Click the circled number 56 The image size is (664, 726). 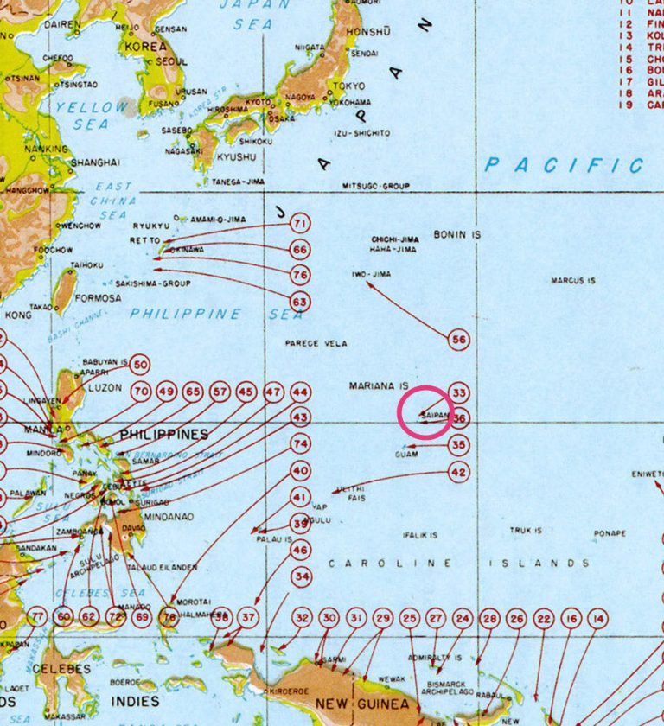459,341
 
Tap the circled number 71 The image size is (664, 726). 300,224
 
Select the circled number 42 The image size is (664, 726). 459,473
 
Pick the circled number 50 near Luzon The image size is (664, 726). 140,365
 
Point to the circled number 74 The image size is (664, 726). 300,444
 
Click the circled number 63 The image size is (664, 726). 300,302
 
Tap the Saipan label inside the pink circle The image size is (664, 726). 434,416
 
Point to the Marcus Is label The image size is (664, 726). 573,281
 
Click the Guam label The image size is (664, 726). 406,455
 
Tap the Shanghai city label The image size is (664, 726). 95,162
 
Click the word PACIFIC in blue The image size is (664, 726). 564,165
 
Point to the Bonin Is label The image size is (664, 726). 457,234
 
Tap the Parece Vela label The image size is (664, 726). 316,344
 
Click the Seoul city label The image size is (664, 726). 172,62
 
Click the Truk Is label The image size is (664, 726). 526,531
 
